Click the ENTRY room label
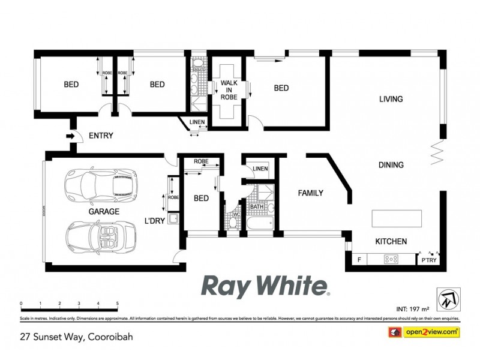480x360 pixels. pos(101,136)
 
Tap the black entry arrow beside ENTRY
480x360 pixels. pos(70,136)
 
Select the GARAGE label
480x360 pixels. pos(104,211)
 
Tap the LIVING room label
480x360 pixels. pos(391,99)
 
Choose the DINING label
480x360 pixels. pos(391,165)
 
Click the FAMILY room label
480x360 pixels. pos(310,193)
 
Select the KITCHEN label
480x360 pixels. pos(391,241)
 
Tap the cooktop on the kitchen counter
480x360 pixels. pos(392,259)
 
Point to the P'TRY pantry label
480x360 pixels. pos(429,260)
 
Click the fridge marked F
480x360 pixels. pos(359,260)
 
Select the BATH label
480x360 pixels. pos(256,207)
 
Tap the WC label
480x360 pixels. pos(236,213)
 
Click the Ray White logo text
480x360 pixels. pos(264,287)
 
